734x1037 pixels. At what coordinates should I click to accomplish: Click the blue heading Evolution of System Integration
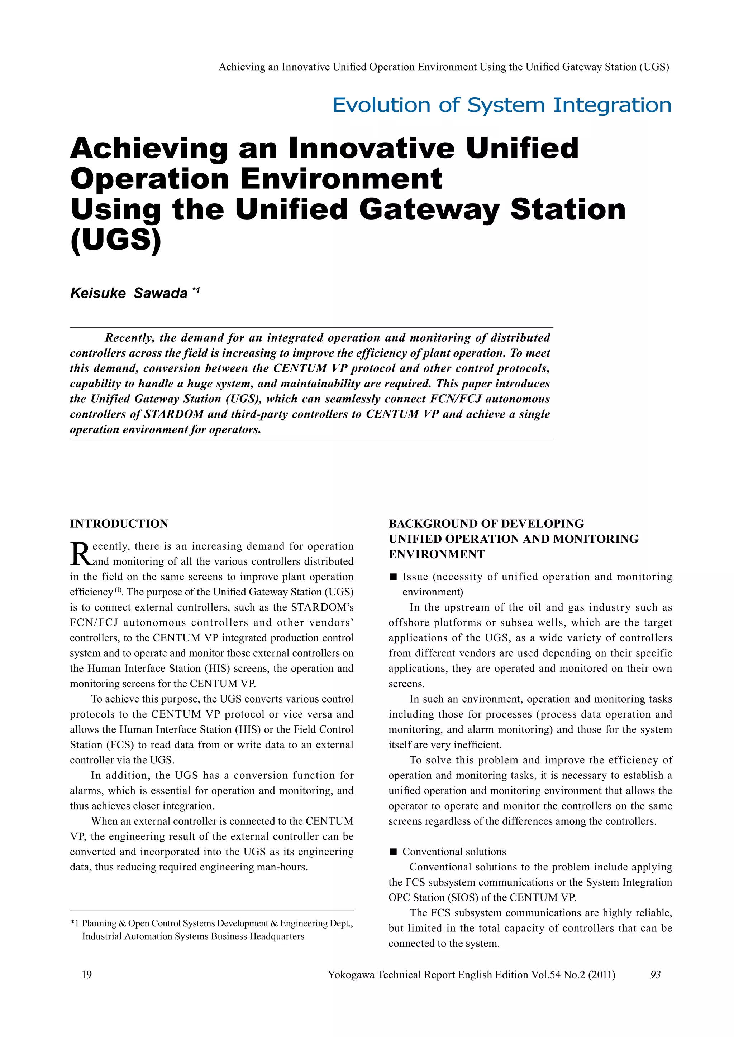pos(502,105)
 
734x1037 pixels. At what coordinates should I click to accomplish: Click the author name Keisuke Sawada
pos(129,293)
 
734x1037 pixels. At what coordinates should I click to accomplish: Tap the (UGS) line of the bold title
pos(116,240)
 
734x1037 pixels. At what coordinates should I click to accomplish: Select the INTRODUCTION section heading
pos(119,524)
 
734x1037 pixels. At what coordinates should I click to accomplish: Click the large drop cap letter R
pos(80,554)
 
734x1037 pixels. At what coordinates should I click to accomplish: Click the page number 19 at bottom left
pos(86,975)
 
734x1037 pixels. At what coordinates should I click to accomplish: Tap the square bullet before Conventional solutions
pos(393,852)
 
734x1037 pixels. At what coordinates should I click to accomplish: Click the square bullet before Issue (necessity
pos(393,577)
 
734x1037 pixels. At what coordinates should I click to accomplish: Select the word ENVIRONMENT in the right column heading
pos(437,554)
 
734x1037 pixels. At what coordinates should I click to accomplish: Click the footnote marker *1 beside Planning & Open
pos(75,923)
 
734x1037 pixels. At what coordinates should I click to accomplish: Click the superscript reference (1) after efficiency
pos(118,590)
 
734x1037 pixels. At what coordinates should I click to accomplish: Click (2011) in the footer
pos(602,975)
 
